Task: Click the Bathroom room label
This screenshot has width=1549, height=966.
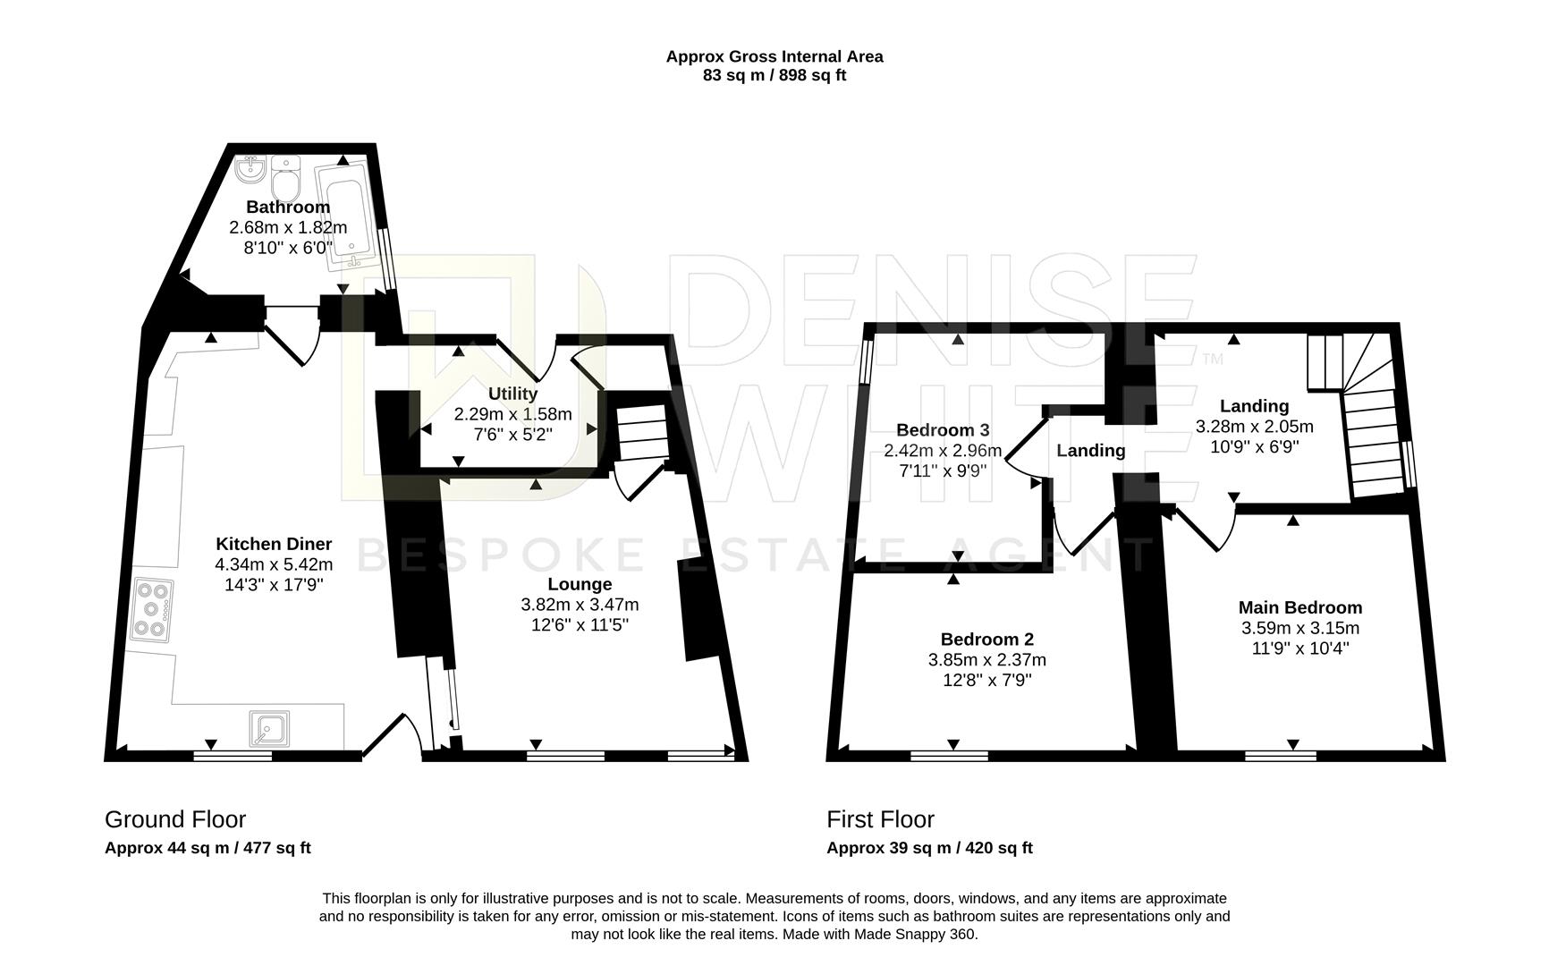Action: coord(288,208)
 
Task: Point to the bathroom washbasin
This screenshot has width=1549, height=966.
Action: coord(250,168)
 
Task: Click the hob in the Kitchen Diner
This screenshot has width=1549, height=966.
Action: coord(152,609)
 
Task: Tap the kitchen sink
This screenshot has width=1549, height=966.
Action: coord(269,728)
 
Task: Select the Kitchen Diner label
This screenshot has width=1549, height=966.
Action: coord(274,544)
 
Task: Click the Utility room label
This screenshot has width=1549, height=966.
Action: coord(513,394)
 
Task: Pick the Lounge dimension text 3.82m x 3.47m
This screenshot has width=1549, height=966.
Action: coord(580,605)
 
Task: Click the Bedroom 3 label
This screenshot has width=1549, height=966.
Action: coord(943,430)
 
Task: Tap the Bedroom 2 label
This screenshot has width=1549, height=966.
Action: coord(987,640)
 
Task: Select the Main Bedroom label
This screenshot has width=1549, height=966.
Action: coord(1300,607)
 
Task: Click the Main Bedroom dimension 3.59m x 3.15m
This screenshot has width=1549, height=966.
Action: coord(1300,628)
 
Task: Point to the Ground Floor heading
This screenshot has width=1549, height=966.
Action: coord(175,819)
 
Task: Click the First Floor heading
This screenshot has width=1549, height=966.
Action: coord(880,819)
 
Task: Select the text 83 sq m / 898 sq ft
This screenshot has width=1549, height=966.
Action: coord(774,76)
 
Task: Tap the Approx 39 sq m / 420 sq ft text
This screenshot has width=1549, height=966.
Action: coord(929,848)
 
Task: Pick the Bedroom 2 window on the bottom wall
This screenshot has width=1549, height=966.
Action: coord(950,757)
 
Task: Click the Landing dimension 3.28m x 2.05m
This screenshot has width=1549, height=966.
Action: coord(1255,426)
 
